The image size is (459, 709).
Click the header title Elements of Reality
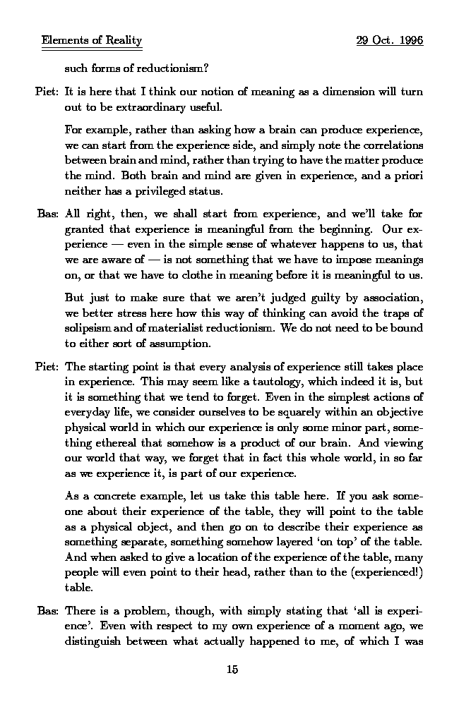[92, 41]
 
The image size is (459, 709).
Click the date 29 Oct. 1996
[390, 41]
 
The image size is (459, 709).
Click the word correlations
[391, 146]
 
